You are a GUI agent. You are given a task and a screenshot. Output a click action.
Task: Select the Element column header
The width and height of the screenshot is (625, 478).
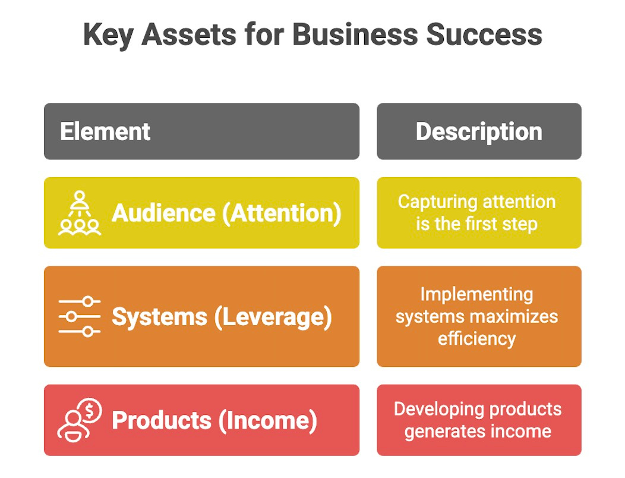click(105, 131)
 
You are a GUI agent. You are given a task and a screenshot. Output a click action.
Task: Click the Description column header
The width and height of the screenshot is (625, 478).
click(479, 131)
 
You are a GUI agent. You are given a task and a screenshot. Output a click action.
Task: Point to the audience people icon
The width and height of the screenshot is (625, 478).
click(80, 213)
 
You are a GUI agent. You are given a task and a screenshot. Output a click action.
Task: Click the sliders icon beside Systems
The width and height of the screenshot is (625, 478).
click(80, 316)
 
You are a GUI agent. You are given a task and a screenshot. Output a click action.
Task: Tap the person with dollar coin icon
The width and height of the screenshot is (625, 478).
click(80, 420)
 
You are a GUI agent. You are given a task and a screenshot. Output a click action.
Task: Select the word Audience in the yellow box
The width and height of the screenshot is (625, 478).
click(163, 213)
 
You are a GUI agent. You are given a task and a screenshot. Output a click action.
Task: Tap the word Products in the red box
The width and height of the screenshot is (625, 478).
click(161, 420)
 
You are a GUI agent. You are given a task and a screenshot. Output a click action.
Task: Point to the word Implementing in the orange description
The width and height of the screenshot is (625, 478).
click(477, 294)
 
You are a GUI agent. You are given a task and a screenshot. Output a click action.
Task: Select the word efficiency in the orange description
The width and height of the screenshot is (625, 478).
click(477, 338)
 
